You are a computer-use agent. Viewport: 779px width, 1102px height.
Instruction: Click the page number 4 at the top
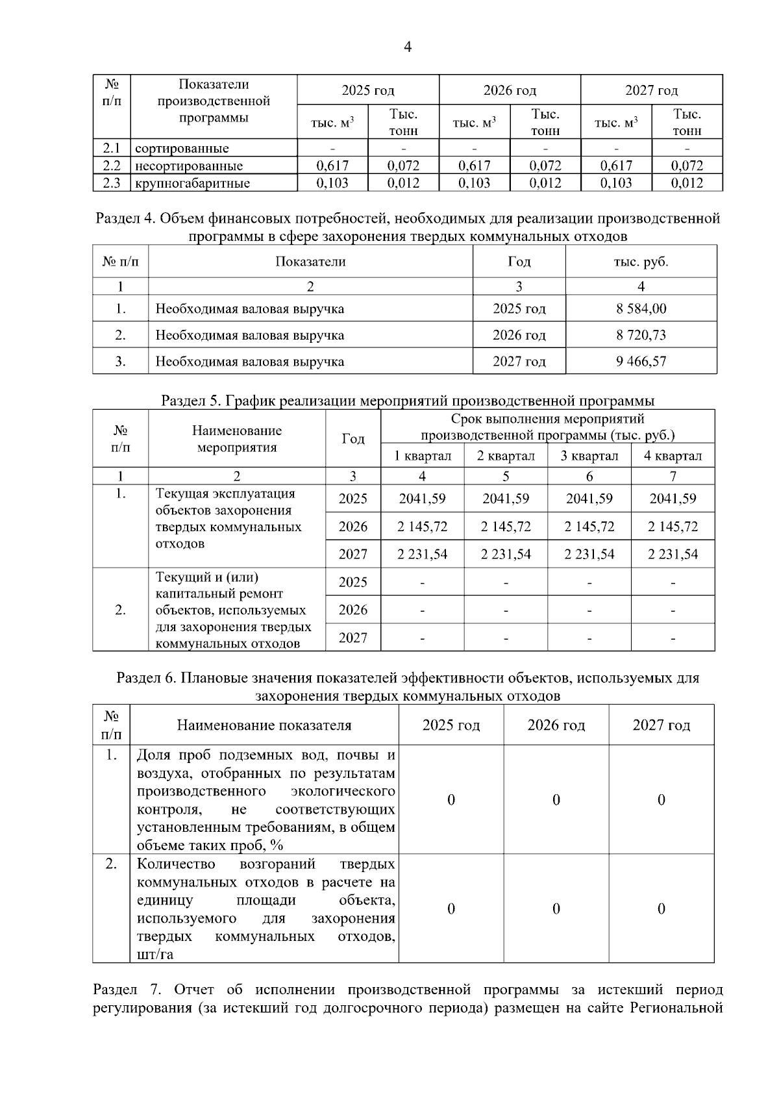tap(408, 47)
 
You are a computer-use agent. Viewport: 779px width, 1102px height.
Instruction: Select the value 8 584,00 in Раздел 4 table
tap(641, 308)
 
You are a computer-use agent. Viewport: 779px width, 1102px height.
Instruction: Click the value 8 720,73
tap(641, 335)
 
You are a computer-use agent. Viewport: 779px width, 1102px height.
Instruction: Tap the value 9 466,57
tap(641, 361)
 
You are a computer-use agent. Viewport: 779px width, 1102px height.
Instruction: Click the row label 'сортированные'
tap(182, 149)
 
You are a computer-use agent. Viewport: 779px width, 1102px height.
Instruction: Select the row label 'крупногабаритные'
tap(192, 183)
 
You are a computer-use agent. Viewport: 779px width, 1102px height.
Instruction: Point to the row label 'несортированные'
tap(189, 166)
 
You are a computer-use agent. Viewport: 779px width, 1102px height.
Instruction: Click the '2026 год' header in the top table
tap(510, 90)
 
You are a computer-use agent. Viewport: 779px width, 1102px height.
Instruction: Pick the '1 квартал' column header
tap(422, 456)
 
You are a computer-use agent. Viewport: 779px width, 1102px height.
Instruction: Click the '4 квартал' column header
tap(673, 456)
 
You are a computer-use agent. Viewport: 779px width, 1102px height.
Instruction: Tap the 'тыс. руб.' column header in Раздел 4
tap(641, 262)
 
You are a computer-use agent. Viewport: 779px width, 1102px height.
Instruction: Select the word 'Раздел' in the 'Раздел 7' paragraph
tap(116, 990)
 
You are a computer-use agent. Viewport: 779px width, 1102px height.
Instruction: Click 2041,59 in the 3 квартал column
tap(589, 499)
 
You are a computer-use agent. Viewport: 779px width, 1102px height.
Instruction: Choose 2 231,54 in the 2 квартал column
tap(506, 554)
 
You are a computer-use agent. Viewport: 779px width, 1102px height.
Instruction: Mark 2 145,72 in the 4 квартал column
tap(673, 527)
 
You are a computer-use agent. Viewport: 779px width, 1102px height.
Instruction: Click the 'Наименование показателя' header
tap(264, 725)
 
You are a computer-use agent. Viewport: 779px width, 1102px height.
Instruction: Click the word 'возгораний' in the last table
tap(277, 864)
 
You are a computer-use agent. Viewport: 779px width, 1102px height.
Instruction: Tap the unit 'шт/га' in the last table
tap(155, 955)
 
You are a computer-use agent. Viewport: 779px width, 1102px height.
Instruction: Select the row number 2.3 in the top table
tap(112, 183)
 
